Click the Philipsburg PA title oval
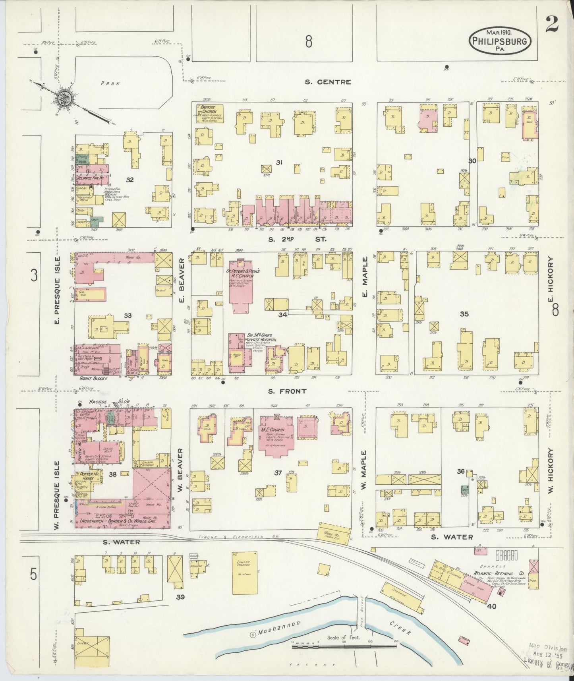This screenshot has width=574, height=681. [x=500, y=40]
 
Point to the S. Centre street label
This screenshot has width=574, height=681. [x=328, y=82]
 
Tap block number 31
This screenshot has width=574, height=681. [x=279, y=162]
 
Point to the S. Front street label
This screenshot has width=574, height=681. [x=287, y=391]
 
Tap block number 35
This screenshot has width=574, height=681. [x=464, y=314]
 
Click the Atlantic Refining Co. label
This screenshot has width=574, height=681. [x=499, y=573]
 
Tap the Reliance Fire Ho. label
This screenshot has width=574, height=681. [x=91, y=178]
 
